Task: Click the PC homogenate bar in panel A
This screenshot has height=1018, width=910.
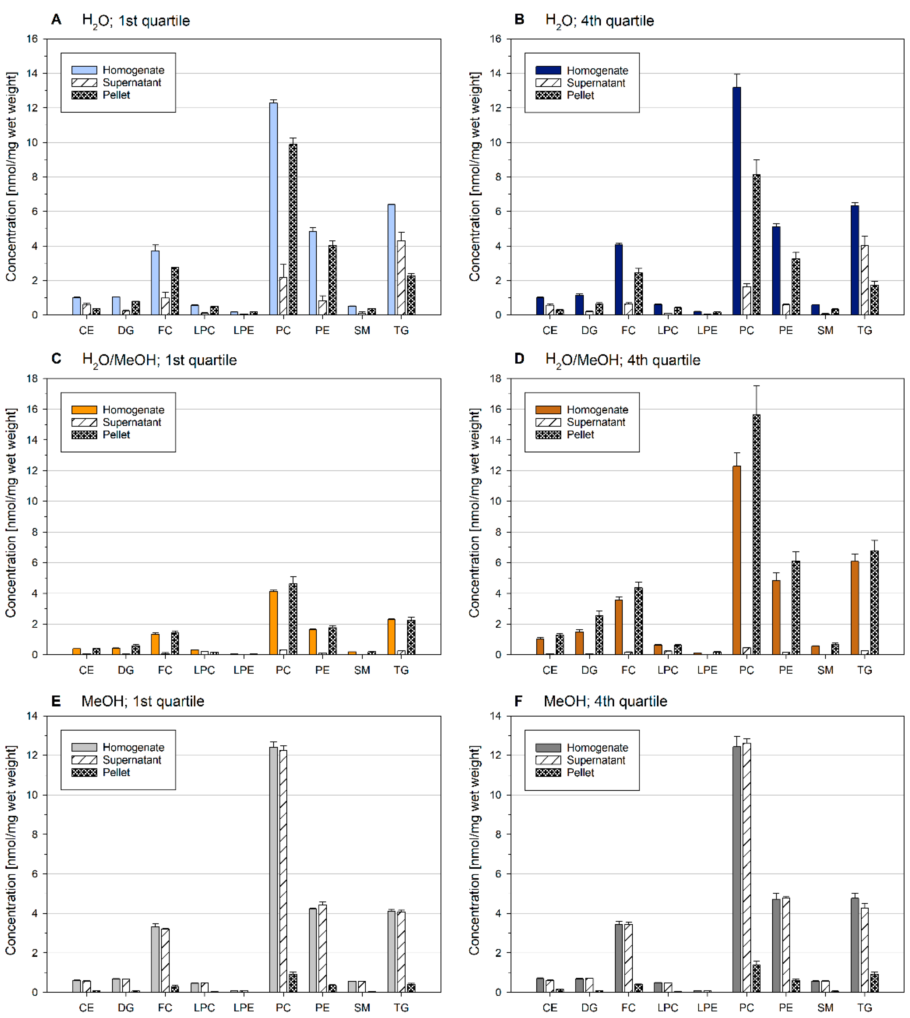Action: tap(273, 210)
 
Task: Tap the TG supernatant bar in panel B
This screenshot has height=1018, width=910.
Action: tap(865, 280)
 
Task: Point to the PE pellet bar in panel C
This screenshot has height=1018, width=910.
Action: tap(333, 641)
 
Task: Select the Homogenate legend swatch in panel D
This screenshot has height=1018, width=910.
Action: tap(548, 410)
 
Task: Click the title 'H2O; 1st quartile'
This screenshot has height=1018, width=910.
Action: tap(136, 20)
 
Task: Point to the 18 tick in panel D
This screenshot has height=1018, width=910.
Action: tap(495, 379)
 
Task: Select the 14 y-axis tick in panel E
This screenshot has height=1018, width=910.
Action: tap(32, 716)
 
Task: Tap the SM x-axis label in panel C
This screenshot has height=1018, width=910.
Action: tap(362, 670)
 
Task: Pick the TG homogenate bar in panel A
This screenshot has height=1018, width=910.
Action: tap(392, 260)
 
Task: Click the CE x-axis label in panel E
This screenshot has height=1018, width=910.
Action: tap(86, 1007)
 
